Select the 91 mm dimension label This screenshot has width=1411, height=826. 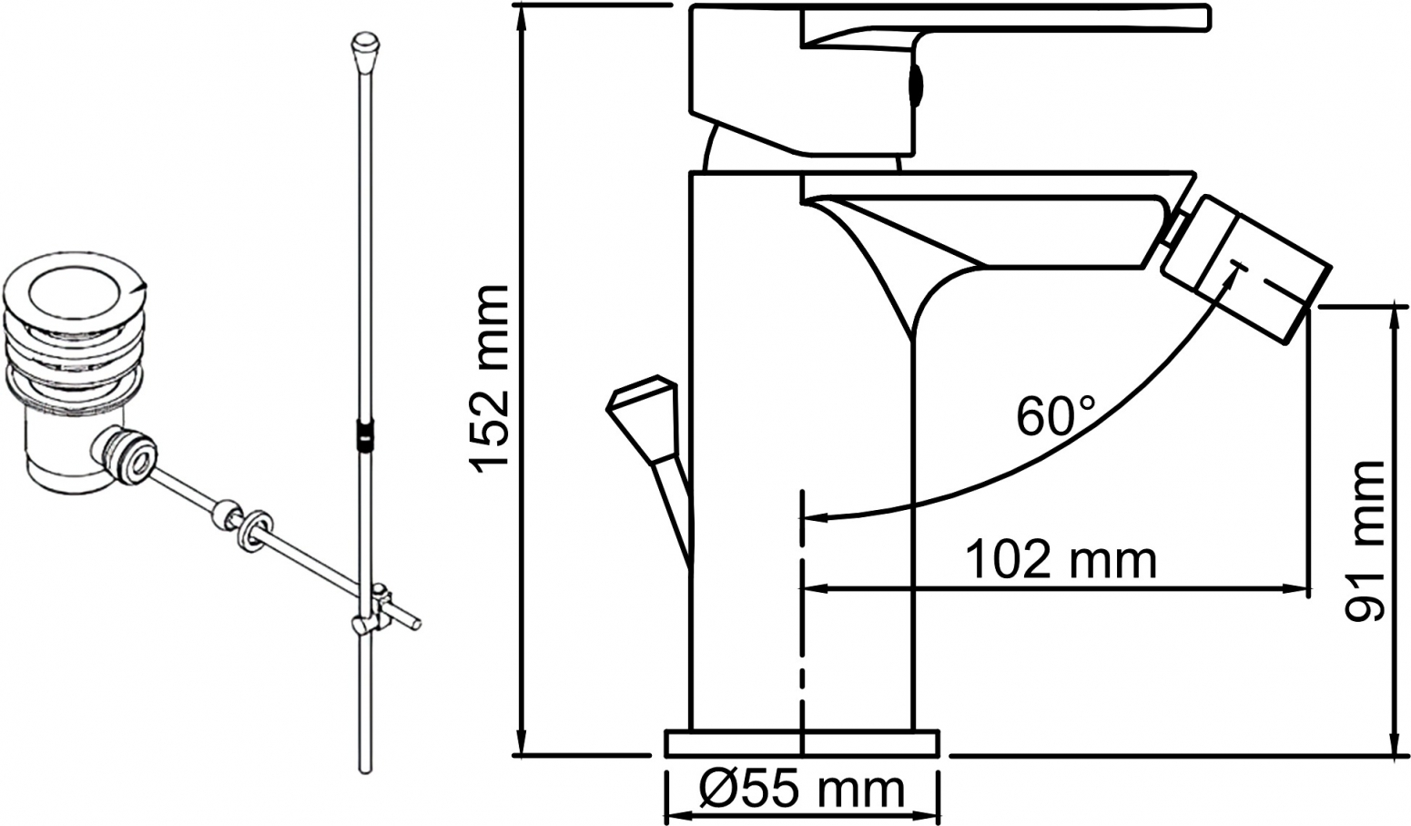pyautogui.click(x=1365, y=541)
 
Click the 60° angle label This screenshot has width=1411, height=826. pyautogui.click(x=1055, y=415)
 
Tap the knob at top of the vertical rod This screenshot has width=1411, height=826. pyautogui.click(x=365, y=51)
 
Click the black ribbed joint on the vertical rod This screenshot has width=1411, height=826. pyautogui.click(x=365, y=434)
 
